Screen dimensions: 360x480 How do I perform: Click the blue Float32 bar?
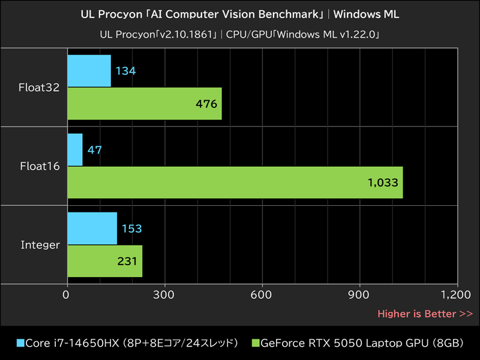pyautogui.click(x=89, y=71)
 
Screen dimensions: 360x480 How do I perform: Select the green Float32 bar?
pyautogui.click(x=144, y=103)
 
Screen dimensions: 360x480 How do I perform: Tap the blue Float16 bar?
pyautogui.click(x=75, y=149)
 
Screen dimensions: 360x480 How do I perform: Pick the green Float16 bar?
pyautogui.click(x=234, y=182)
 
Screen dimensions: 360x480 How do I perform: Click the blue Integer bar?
pyautogui.click(x=92, y=228)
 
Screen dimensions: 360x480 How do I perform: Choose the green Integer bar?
pyautogui.click(x=104, y=261)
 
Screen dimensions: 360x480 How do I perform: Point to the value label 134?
pyautogui.click(x=126, y=71)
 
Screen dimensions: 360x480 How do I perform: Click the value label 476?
pyautogui.click(x=206, y=104)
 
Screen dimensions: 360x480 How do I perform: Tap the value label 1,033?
pyautogui.click(x=383, y=182)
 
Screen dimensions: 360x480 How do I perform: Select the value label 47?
pyautogui.click(x=94, y=150)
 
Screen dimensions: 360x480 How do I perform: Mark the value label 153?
pyautogui.click(x=131, y=229)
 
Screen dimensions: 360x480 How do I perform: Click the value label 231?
pyautogui.click(x=127, y=261)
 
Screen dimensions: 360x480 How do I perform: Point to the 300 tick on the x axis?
pyautogui.click(x=164, y=295)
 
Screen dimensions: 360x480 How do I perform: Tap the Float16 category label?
pyautogui.click(x=40, y=166)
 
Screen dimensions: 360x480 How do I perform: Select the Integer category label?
pyautogui.click(x=40, y=245)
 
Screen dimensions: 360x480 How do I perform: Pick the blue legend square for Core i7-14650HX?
pyautogui.click(x=20, y=343)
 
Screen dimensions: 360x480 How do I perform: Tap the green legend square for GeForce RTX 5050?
pyautogui.click(x=255, y=343)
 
